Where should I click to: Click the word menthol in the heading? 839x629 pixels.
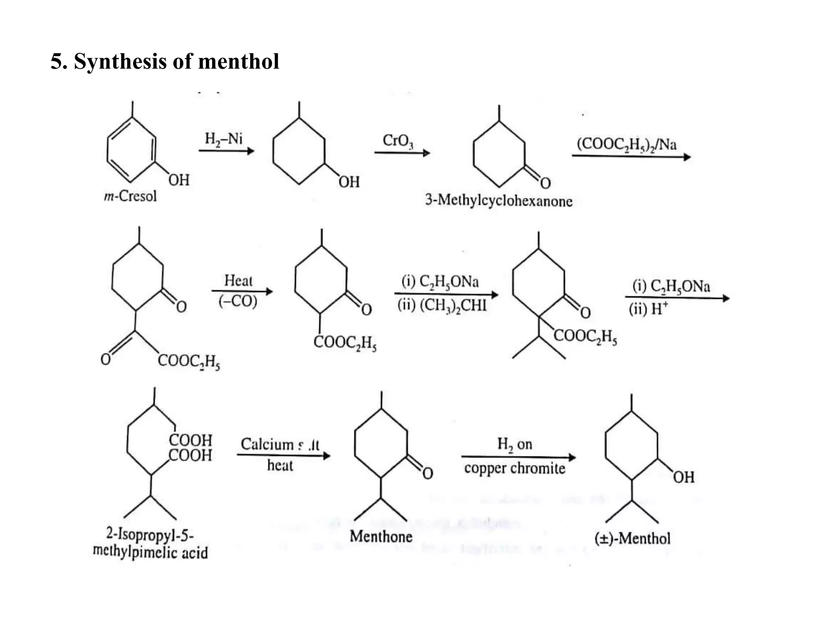pyautogui.click(x=238, y=62)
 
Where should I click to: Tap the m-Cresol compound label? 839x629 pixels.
pyautogui.click(x=130, y=196)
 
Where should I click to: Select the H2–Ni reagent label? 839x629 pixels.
pyautogui.click(x=224, y=139)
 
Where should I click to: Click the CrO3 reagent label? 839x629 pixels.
pyautogui.click(x=398, y=140)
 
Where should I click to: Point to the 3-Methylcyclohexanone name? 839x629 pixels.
pyautogui.click(x=499, y=201)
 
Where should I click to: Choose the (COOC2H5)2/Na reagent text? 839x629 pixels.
pyautogui.click(x=626, y=145)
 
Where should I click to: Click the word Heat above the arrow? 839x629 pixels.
pyautogui.click(x=238, y=281)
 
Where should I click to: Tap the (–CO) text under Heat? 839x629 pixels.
pyautogui.click(x=238, y=301)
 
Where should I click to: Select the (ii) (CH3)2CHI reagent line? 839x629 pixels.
pyautogui.click(x=442, y=305)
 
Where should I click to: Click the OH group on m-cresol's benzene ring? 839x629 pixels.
pyautogui.click(x=179, y=180)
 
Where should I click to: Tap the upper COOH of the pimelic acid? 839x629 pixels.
pyautogui.click(x=190, y=440)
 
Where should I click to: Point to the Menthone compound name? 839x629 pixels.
pyautogui.click(x=381, y=536)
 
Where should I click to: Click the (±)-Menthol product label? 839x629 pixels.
pyautogui.click(x=632, y=538)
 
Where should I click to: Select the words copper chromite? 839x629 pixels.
pyautogui.click(x=515, y=468)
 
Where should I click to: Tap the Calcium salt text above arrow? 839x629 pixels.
pyautogui.click(x=280, y=444)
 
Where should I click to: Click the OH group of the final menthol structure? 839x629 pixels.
pyautogui.click(x=683, y=477)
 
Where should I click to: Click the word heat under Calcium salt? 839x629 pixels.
pyautogui.click(x=280, y=466)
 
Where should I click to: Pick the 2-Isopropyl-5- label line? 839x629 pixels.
pyautogui.click(x=150, y=534)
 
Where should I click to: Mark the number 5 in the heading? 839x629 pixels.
pyautogui.click(x=56, y=62)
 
